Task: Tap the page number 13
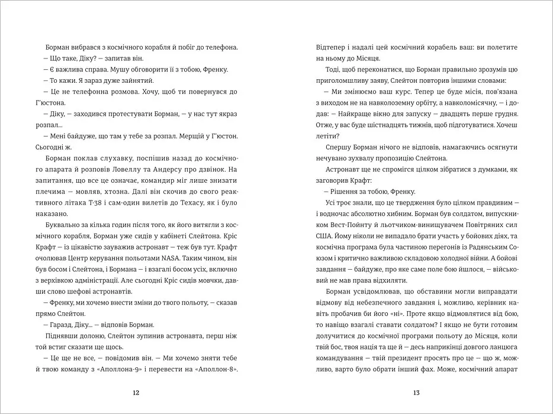pyautogui.click(x=416, y=393)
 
